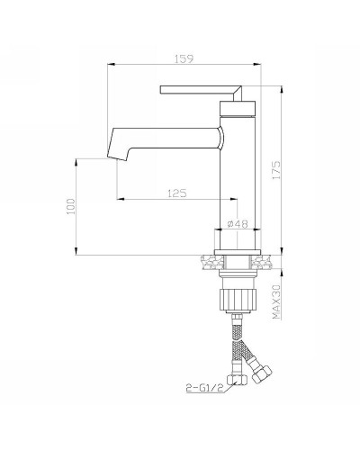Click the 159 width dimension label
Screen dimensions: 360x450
point(184,58)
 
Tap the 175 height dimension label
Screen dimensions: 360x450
point(276,171)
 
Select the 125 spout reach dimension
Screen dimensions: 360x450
point(177,193)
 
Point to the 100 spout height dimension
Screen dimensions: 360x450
point(71,206)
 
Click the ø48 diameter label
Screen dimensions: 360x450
point(238,224)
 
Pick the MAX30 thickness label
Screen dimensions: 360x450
point(276,301)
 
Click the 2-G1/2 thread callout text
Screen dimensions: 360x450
point(205,388)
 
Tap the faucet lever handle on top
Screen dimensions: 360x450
point(201,90)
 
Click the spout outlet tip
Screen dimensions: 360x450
point(117,158)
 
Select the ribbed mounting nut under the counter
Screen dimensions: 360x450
point(238,299)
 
